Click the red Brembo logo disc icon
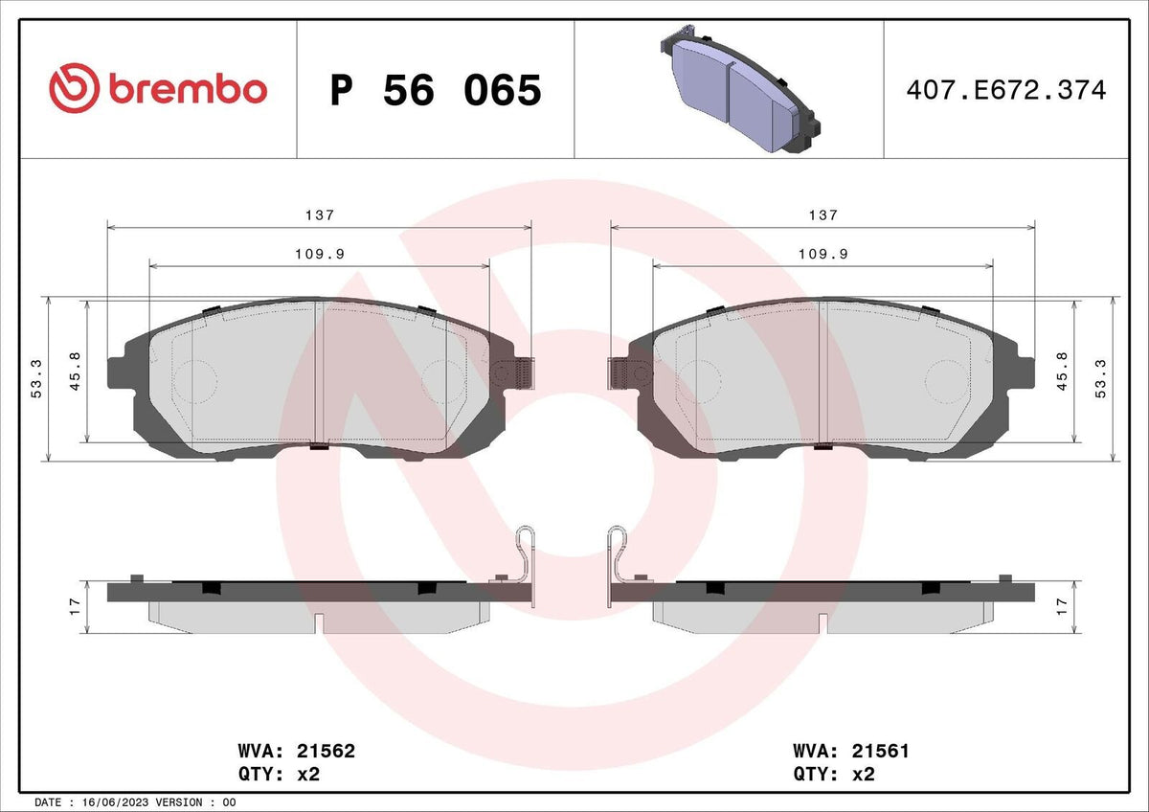tap(74, 88)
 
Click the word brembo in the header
tap(188, 90)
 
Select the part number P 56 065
tap(436, 90)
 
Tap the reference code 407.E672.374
tap(1006, 90)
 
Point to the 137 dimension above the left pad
tap(320, 214)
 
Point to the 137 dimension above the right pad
tap(823, 214)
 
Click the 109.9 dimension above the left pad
tap(320, 254)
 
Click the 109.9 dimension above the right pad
tap(823, 254)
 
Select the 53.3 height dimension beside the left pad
tap(37, 378)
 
